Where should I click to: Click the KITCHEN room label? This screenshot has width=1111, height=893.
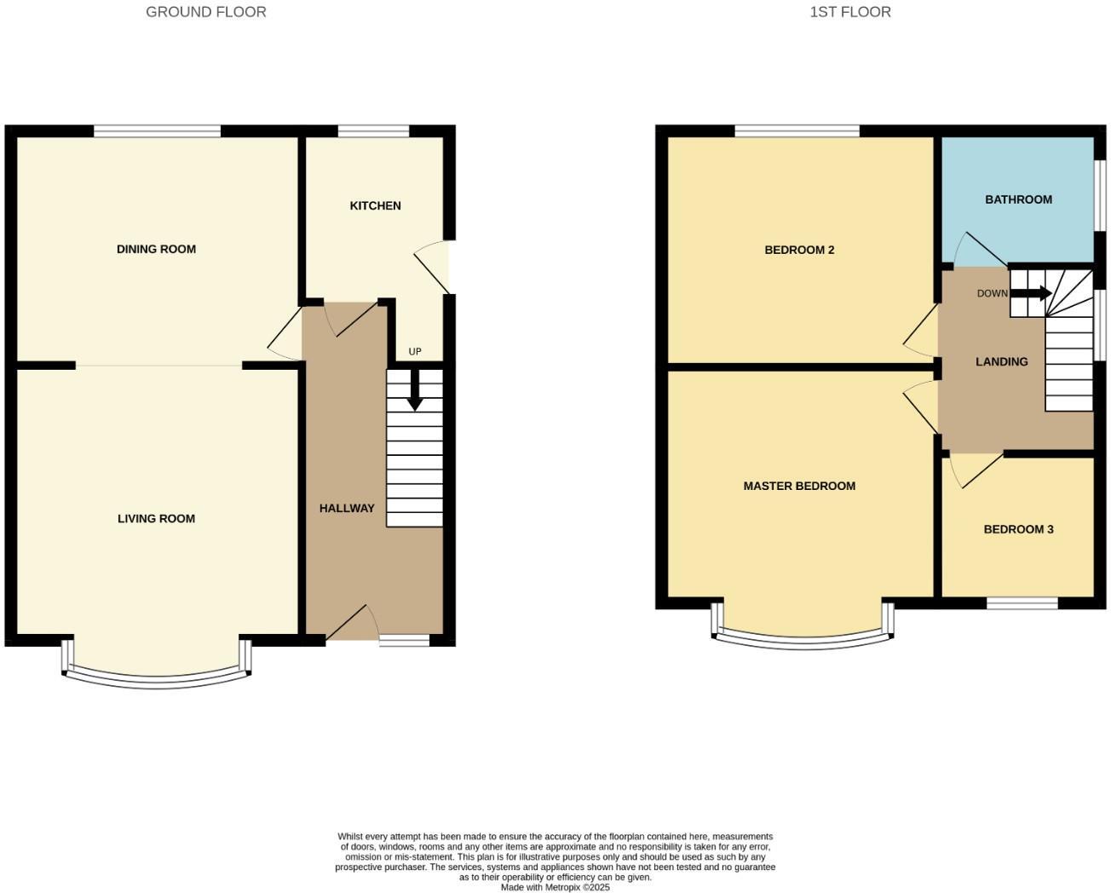375,205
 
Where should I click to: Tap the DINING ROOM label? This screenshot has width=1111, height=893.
156,249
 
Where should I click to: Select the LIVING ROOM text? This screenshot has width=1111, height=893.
156,518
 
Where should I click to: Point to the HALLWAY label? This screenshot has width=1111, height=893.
347,508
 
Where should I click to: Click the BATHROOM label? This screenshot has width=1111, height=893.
1018,199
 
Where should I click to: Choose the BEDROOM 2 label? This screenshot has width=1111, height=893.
799,250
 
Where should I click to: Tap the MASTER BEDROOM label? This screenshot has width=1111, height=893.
799,486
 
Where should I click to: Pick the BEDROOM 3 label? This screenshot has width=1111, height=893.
1018,529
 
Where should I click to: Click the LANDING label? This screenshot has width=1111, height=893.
1001,361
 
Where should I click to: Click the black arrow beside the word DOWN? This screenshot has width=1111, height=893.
1033,294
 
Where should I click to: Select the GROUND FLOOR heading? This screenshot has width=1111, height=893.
206,12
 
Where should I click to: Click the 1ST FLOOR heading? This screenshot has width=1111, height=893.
850,12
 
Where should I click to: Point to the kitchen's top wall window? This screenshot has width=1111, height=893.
373,131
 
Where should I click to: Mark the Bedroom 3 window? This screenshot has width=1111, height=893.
1022,603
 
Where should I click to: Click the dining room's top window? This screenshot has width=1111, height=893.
158,131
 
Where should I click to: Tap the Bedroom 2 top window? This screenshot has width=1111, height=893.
797,131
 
